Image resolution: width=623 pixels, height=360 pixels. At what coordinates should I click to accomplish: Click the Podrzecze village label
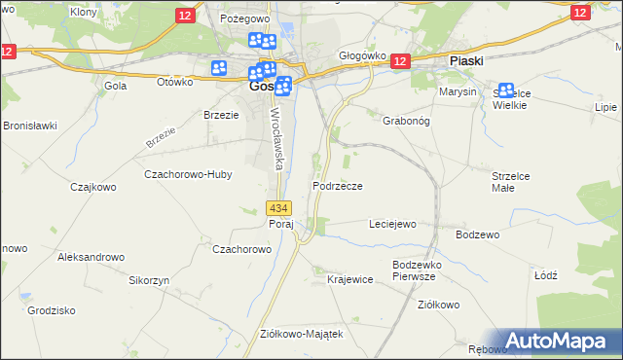(x=338, y=186)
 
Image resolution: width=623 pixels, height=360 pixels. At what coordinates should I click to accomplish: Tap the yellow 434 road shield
(x=278, y=208)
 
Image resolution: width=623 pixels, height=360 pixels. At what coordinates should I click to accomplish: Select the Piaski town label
(x=467, y=60)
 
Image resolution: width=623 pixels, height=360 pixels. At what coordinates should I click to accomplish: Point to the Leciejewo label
(x=392, y=224)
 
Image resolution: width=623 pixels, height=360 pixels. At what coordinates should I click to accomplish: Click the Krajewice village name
(x=350, y=279)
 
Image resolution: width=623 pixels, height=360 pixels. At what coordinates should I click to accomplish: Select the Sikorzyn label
(x=150, y=279)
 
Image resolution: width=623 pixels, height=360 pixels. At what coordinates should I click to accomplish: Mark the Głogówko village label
(x=362, y=56)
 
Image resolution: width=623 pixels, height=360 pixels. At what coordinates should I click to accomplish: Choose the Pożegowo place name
(x=243, y=18)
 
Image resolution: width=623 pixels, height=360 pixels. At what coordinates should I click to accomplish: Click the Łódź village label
(x=545, y=275)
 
